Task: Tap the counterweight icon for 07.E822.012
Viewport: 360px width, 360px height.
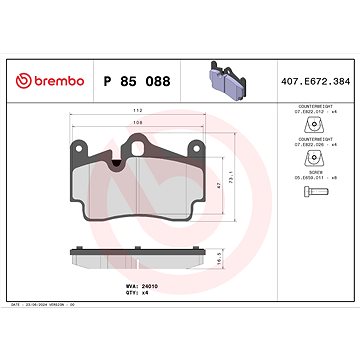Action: click(x=310, y=124)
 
